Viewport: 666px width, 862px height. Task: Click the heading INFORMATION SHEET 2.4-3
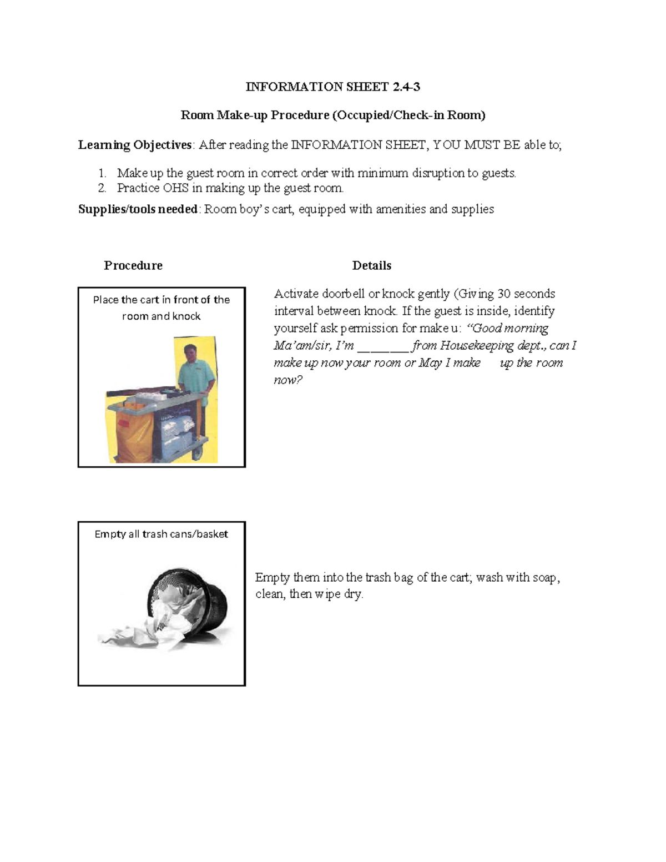click(x=333, y=87)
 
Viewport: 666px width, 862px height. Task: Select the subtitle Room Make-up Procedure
click(x=333, y=115)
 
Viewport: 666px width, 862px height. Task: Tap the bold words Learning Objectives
click(x=135, y=145)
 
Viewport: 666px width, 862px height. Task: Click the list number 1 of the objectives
click(x=102, y=173)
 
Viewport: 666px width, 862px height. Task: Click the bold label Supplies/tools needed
click(x=138, y=209)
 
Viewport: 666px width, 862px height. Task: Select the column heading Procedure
click(x=133, y=265)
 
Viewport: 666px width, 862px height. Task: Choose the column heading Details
click(x=371, y=265)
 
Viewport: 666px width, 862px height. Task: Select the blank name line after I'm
click(x=383, y=346)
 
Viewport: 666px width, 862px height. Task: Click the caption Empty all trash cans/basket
click(x=161, y=534)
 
